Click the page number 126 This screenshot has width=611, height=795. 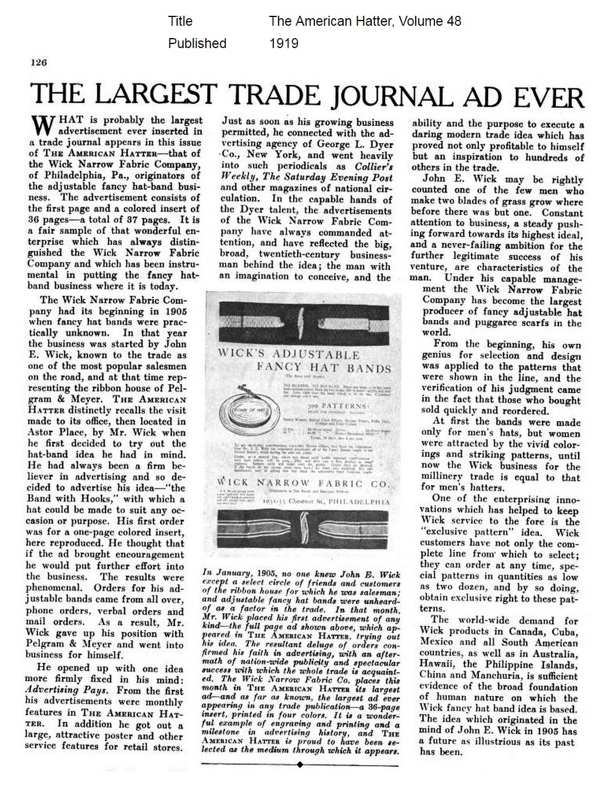click(x=39, y=63)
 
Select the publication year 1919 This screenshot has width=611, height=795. click(x=283, y=43)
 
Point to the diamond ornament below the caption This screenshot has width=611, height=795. click(x=300, y=764)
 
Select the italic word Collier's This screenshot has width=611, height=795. click(x=367, y=167)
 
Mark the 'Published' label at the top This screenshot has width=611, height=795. click(x=197, y=43)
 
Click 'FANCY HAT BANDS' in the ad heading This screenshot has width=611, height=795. click(x=324, y=369)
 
